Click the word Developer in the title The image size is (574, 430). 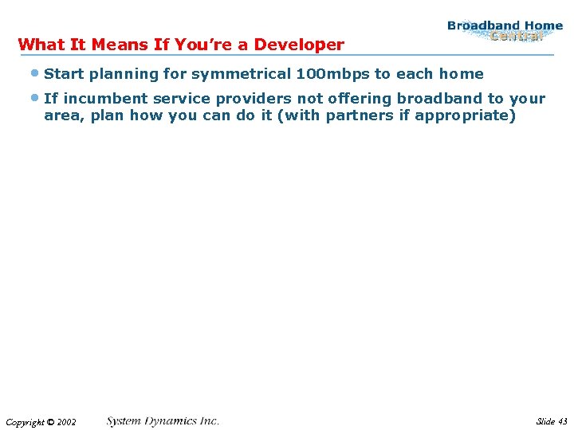299,45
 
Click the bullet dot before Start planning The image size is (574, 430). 35,73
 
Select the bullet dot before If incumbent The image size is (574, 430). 35,98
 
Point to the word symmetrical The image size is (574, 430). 242,74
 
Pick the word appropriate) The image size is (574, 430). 473,116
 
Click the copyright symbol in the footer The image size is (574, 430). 49,422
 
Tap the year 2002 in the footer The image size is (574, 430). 66,422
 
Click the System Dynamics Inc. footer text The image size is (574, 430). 163,420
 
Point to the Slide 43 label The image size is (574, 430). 552,421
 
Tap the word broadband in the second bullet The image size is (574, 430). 439,99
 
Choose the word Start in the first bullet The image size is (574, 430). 62,74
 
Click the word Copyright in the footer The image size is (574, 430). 24,422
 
